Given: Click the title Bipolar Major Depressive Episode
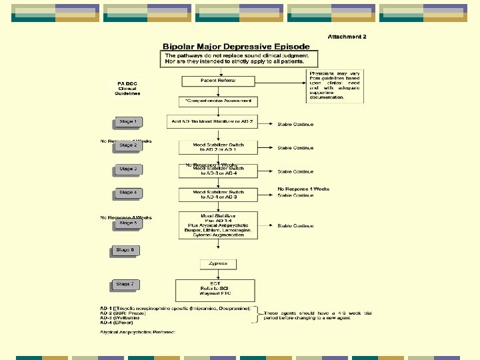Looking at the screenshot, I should tap(237, 47).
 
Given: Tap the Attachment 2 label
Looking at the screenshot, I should tap(347, 37).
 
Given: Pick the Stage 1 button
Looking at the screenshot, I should tap(126, 122).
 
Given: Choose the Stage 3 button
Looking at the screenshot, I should tap(126, 169).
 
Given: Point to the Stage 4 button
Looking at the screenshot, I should tap(126, 193).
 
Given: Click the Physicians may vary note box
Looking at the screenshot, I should tap(335, 86).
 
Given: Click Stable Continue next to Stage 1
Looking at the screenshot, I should tap(295, 125).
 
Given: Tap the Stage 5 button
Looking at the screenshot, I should tap(126, 224).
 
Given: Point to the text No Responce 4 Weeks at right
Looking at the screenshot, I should tap(303, 189).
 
